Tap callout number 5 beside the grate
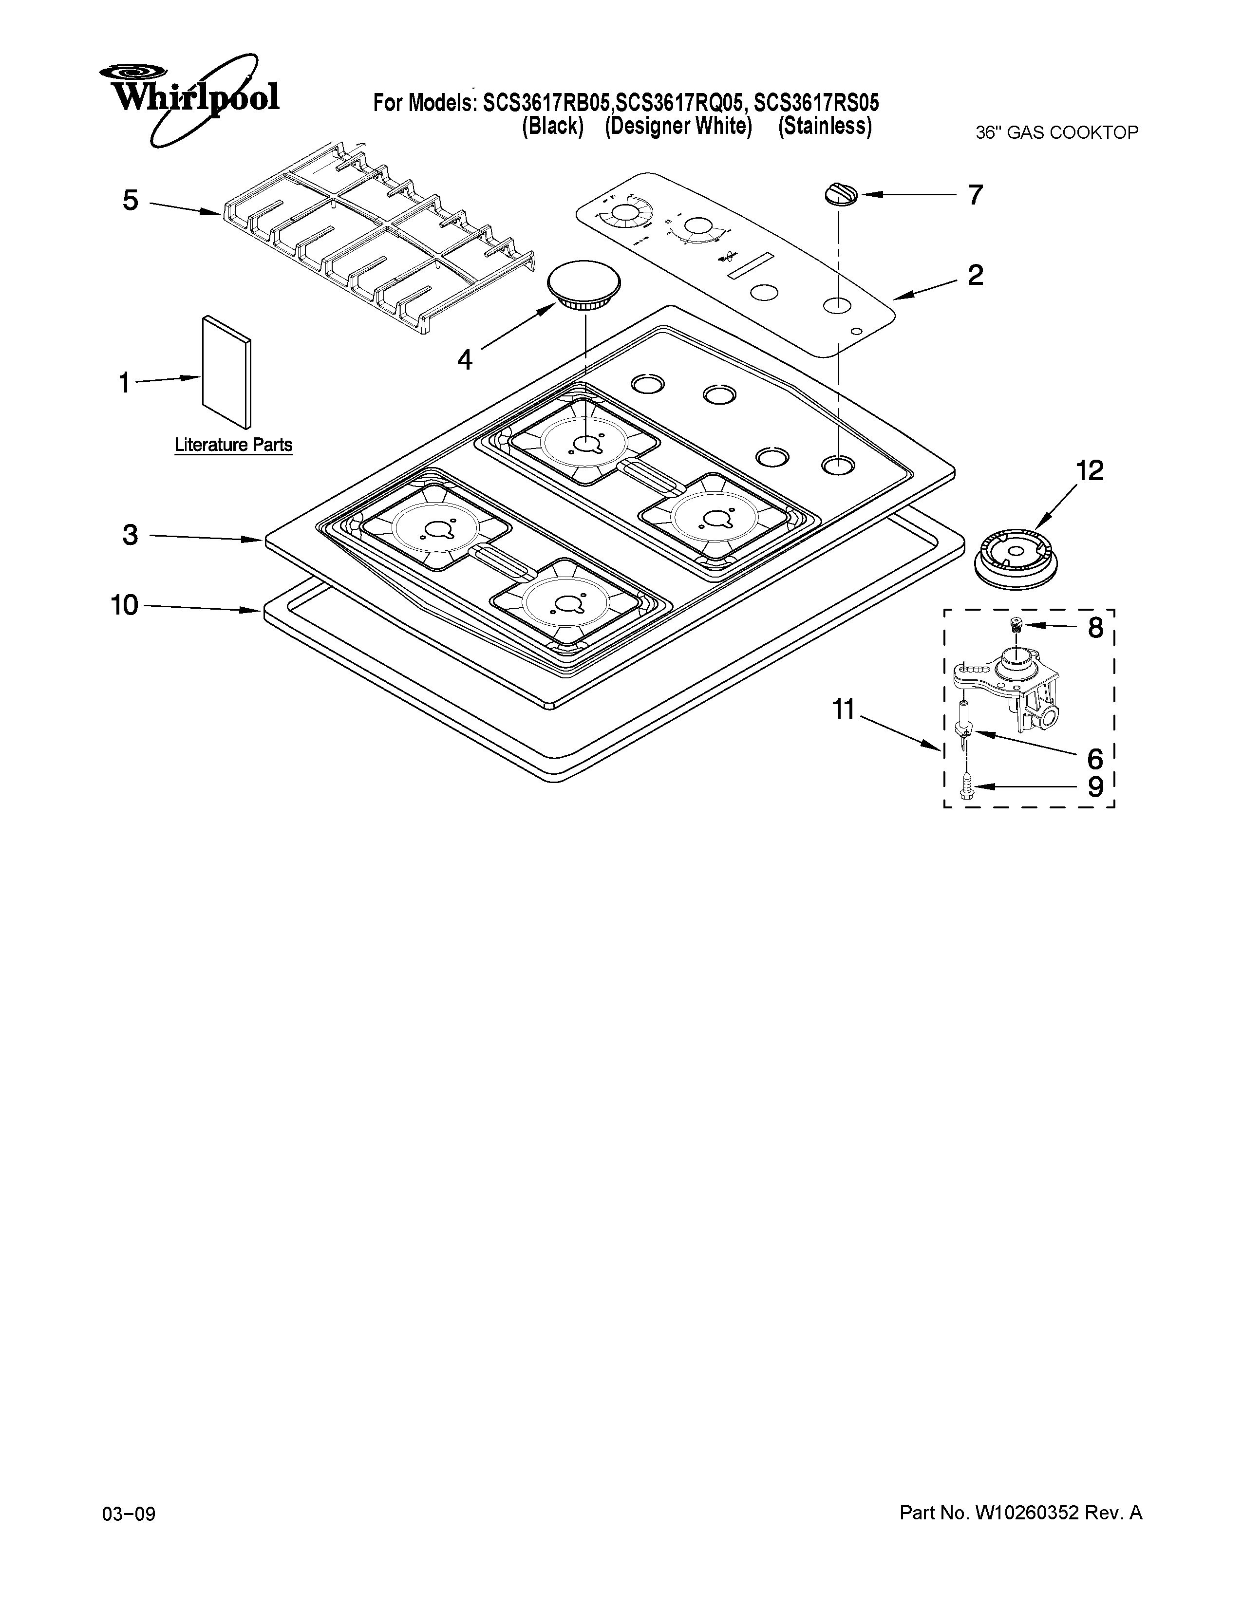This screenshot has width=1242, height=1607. pyautogui.click(x=130, y=200)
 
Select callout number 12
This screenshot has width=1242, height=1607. pyautogui.click(x=1089, y=470)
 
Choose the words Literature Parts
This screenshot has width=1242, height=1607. pyautogui.click(x=233, y=445)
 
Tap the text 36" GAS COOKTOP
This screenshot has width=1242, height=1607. pyautogui.click(x=1056, y=133)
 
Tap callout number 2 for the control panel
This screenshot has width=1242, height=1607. pyautogui.click(x=975, y=275)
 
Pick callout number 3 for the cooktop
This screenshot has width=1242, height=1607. pyautogui.click(x=130, y=535)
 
